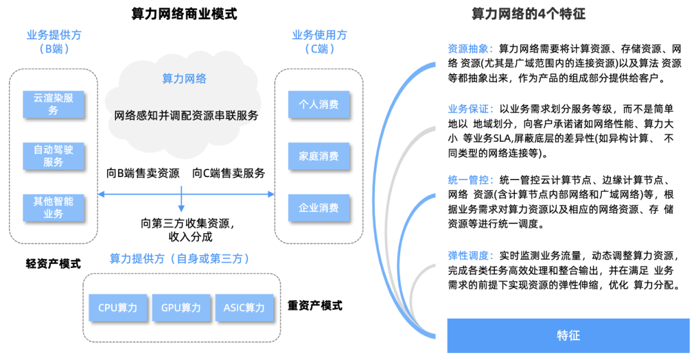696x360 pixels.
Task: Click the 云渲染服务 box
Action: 53,104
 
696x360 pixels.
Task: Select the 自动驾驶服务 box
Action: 53,156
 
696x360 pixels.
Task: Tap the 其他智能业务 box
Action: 53,207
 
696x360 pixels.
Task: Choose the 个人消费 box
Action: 318,104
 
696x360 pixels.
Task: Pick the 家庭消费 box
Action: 318,156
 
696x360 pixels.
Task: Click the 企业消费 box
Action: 318,207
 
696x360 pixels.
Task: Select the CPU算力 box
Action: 117,308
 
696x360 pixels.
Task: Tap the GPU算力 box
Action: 180,308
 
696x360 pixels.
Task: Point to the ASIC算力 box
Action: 244,308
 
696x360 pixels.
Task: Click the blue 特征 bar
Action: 568,335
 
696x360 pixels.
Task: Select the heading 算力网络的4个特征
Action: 528,14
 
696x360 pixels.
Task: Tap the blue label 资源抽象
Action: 470,49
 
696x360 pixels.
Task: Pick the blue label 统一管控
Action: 470,180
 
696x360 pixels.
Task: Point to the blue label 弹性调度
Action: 470,256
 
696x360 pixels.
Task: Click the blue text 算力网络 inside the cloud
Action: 184,79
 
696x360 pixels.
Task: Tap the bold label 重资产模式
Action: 315,305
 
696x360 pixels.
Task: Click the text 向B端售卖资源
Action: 143,173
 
